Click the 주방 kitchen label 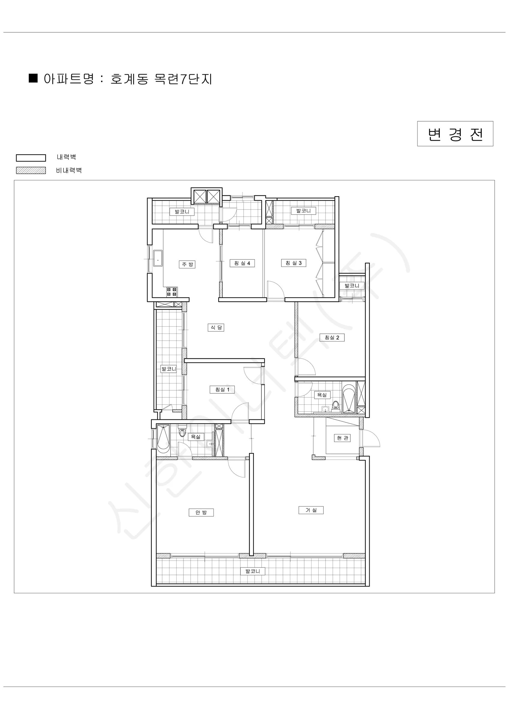coord(187,264)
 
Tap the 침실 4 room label coord(242,263)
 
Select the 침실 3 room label coord(294,263)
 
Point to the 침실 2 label coord(332,337)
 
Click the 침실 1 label coord(222,389)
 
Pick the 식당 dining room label coord(216,327)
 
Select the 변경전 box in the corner coord(455,134)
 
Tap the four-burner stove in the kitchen coord(172,292)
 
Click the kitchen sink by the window coord(158,258)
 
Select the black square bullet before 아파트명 coord(33,78)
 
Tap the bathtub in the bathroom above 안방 coord(163,438)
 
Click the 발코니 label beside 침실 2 coord(352,285)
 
